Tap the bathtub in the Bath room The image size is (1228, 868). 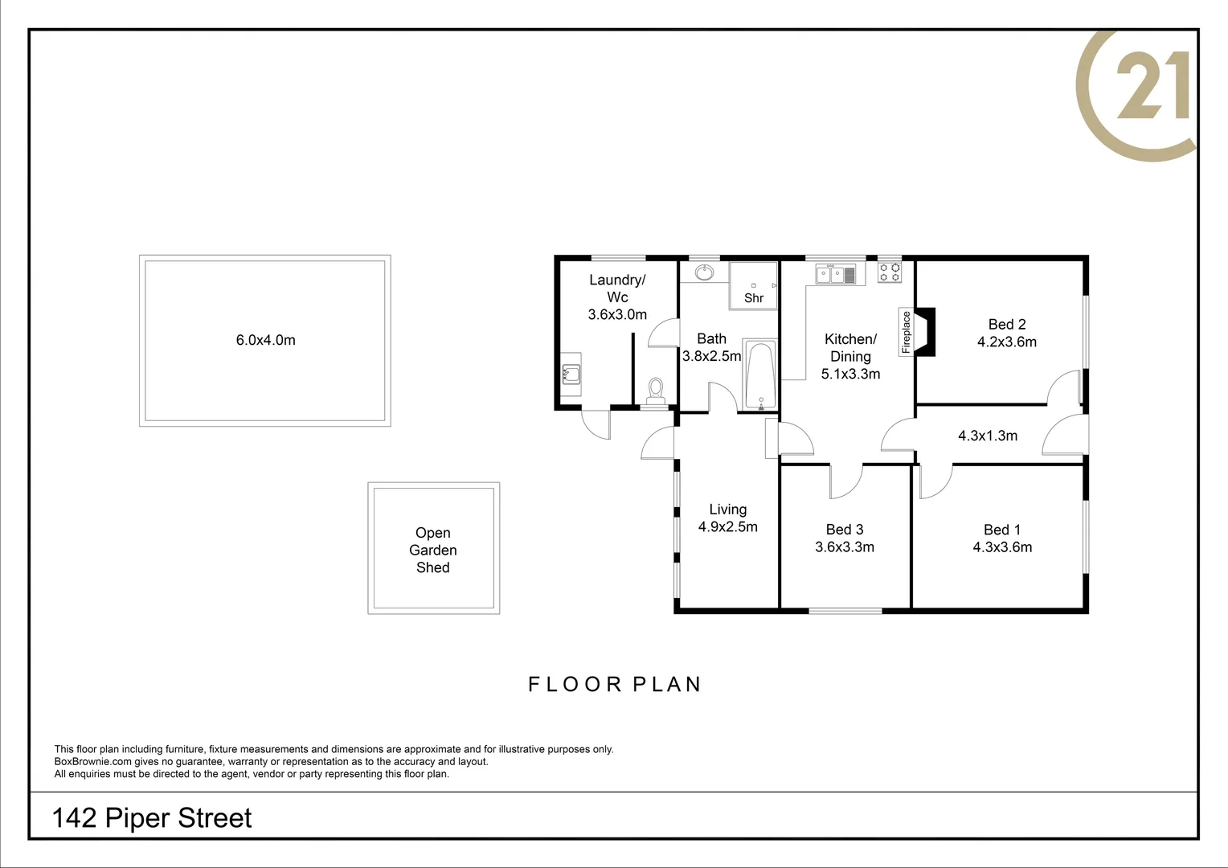coord(759,375)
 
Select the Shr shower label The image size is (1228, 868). coord(753,298)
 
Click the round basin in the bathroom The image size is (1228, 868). coord(705,272)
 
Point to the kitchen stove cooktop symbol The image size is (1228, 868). coord(889,272)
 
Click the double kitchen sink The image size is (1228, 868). coord(831,275)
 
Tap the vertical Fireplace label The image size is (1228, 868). coord(907,332)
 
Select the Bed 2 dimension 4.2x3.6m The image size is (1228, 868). coord(1006,342)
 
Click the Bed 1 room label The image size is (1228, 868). coord(1001,530)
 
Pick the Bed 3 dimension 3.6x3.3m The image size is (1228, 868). coord(844,547)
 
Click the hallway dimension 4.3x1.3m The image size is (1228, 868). coord(987,436)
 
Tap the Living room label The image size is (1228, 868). coord(727,510)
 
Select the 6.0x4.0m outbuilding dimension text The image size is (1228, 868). coord(265,340)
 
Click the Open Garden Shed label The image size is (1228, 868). coord(432,550)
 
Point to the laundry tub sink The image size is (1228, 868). coord(571,373)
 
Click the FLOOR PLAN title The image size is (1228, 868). coord(615,685)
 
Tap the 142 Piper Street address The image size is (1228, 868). coord(151,818)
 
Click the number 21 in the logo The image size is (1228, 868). coord(1152,86)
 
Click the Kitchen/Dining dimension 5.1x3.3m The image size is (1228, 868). coord(850,375)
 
